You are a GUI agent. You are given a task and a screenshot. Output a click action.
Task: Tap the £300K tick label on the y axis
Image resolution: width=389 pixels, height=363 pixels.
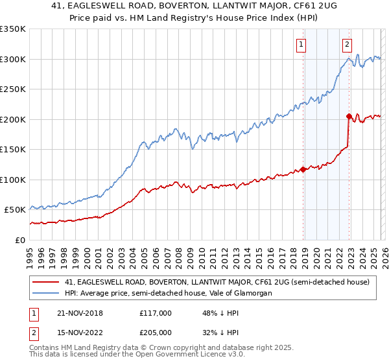(14, 59)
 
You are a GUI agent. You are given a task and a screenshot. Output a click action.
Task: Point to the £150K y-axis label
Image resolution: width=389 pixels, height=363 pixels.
(14, 149)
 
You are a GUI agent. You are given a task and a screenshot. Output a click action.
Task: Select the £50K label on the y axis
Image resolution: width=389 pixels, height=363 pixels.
(16, 210)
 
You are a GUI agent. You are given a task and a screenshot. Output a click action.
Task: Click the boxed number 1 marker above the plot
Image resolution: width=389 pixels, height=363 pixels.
(302, 45)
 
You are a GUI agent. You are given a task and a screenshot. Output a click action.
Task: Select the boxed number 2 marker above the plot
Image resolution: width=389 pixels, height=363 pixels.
(348, 45)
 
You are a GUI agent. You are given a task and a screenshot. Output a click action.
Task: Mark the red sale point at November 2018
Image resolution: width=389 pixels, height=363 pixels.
(303, 170)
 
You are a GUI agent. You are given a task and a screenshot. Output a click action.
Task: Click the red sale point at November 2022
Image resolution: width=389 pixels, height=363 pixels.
(349, 117)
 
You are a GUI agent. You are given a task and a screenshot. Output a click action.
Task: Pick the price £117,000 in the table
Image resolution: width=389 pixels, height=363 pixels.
(156, 313)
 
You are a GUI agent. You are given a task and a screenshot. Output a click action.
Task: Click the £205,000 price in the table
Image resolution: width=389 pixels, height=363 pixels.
(156, 333)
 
